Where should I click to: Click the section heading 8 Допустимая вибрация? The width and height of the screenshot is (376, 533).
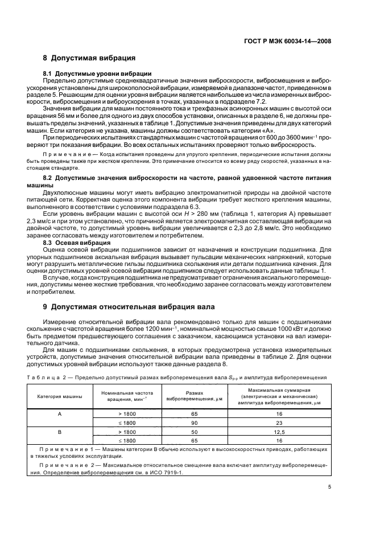tap(89, 58)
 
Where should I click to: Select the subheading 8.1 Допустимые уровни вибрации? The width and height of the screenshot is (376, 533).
tap(97, 74)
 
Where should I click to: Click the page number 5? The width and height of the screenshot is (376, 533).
tap(329, 486)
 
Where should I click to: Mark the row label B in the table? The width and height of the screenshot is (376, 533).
tap(60, 432)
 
